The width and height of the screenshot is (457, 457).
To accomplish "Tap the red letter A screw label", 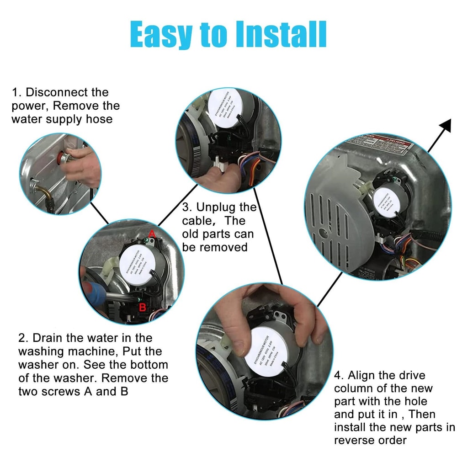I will point(153,234).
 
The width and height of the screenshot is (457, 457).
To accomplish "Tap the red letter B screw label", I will point(143,307).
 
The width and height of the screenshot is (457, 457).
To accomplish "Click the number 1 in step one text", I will point(16,92).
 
